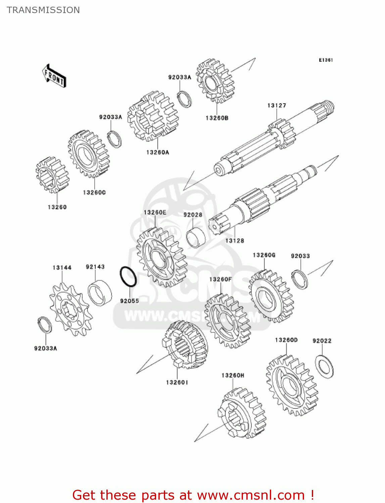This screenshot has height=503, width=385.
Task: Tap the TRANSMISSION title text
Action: pyautogui.click(x=43, y=10)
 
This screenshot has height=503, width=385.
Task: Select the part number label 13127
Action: pyautogui.click(x=277, y=106)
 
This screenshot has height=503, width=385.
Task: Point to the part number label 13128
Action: pyautogui.click(x=235, y=241)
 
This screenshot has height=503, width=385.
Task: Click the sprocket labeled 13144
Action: pyautogui.click(x=70, y=309)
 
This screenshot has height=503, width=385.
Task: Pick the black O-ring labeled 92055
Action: pyautogui.click(x=128, y=277)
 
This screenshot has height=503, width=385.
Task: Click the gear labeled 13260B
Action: pyautogui.click(x=215, y=81)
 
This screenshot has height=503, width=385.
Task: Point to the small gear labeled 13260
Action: pyautogui.click(x=52, y=175)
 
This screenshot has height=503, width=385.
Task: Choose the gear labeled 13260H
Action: pyautogui.click(x=242, y=413)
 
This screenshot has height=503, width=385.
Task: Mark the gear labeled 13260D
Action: pyautogui.click(x=292, y=386)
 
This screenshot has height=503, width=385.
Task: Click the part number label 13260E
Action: pyautogui.click(x=155, y=213)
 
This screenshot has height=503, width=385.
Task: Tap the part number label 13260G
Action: pyautogui.click(x=264, y=255)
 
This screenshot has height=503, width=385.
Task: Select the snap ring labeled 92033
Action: pyautogui.click(x=299, y=279)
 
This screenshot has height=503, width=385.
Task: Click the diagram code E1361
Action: pyautogui.click(x=326, y=60)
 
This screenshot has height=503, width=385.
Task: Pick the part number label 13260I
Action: pyautogui.click(x=177, y=382)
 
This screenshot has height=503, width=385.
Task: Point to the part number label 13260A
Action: pyautogui.click(x=157, y=153)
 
